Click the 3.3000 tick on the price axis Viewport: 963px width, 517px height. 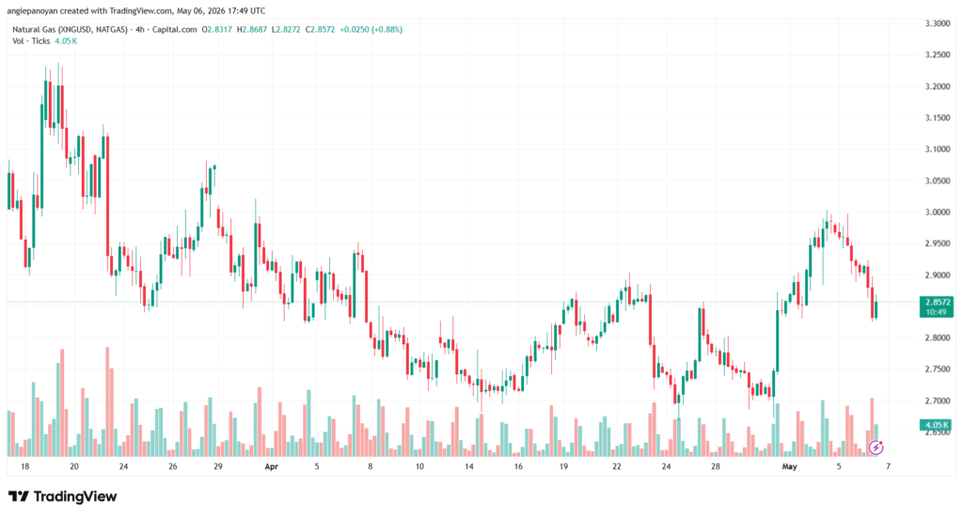point(938,23)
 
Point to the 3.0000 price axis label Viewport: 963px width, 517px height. point(938,212)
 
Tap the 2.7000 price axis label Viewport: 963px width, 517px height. point(938,401)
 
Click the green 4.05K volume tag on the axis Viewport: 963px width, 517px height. point(936,425)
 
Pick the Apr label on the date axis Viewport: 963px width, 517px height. point(272,466)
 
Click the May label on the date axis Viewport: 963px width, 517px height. point(789,466)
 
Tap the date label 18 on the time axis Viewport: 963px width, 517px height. point(25,466)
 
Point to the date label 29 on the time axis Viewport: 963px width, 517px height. point(218,466)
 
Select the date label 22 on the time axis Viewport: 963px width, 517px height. point(617,466)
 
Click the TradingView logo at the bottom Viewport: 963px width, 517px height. point(63,496)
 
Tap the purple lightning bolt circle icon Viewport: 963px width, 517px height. point(876,447)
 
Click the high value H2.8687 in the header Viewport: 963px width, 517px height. point(252,29)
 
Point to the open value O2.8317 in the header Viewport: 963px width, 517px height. point(217,29)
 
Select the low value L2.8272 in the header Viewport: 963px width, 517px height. point(286,29)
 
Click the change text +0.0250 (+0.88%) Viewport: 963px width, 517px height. point(371,29)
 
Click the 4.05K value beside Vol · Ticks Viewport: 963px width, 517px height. point(66,41)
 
